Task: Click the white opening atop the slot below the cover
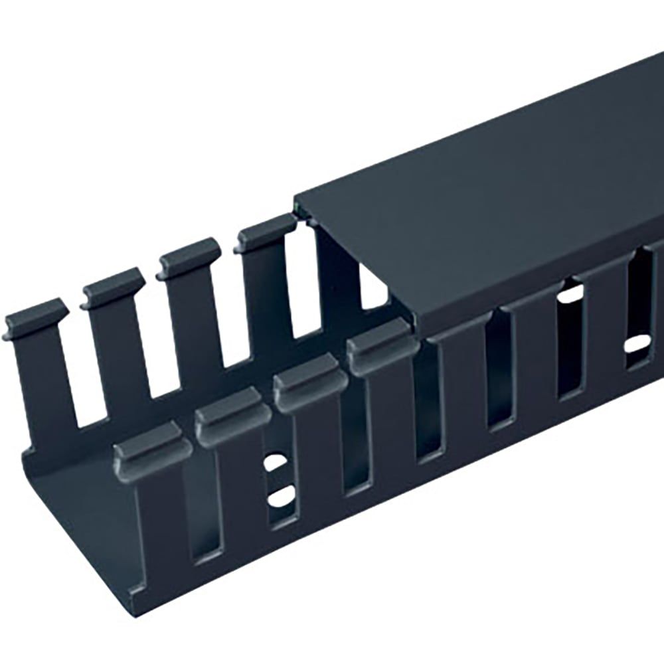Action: tap(571, 292)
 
